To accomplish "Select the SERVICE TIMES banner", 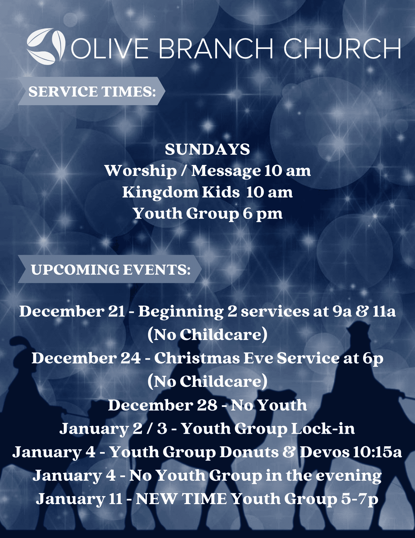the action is pyautogui.click(x=91, y=91).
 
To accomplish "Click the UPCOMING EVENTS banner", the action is pyautogui.click(x=110, y=269).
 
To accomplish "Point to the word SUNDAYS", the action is pyautogui.click(x=207, y=149).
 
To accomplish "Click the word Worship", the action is pyautogui.click(x=140, y=171).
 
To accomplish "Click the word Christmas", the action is pyautogui.click(x=197, y=358).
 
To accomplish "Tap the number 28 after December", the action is pyautogui.click(x=207, y=405).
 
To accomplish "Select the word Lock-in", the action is pyautogui.click(x=323, y=428).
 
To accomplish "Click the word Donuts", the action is pyautogui.click(x=249, y=452).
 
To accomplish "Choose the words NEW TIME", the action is pyautogui.click(x=181, y=499).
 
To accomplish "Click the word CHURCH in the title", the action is pyautogui.click(x=342, y=48).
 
